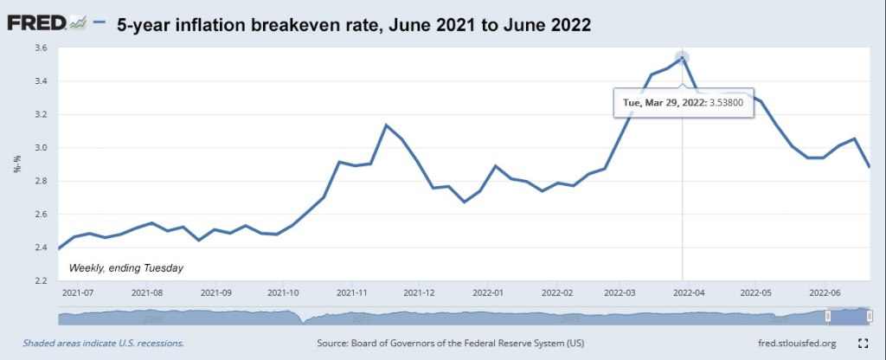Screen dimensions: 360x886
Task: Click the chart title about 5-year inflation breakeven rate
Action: (x=354, y=25)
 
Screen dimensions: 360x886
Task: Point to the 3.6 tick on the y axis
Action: (x=40, y=48)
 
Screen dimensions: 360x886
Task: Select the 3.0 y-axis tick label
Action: (x=40, y=148)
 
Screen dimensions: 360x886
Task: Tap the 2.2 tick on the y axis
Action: (x=40, y=280)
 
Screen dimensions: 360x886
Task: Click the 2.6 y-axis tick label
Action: (x=40, y=215)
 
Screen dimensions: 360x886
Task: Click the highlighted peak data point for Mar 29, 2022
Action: (x=683, y=59)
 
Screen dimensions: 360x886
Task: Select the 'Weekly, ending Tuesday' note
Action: (x=126, y=268)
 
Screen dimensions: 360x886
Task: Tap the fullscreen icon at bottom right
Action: (x=862, y=344)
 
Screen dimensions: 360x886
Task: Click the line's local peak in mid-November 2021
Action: (x=386, y=125)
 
